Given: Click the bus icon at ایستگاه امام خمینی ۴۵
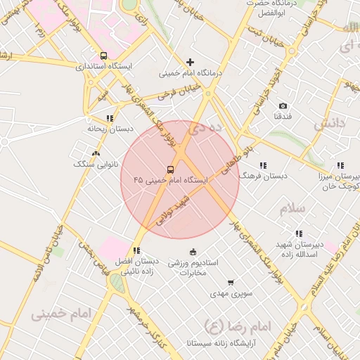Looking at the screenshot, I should click(x=170, y=169).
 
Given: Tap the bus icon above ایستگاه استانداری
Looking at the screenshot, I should click(x=104, y=56).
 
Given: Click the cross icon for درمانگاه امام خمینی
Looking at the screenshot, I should click(x=190, y=62).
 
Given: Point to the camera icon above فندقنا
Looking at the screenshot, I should click(x=283, y=105).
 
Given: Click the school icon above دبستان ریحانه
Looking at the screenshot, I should click(x=110, y=118).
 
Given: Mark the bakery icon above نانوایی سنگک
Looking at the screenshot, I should click(x=96, y=153).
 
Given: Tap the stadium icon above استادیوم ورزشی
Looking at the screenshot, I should click(x=193, y=252).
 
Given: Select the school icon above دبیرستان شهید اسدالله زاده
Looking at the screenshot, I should click(x=299, y=233).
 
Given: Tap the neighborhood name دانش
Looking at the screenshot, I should click(x=330, y=124).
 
